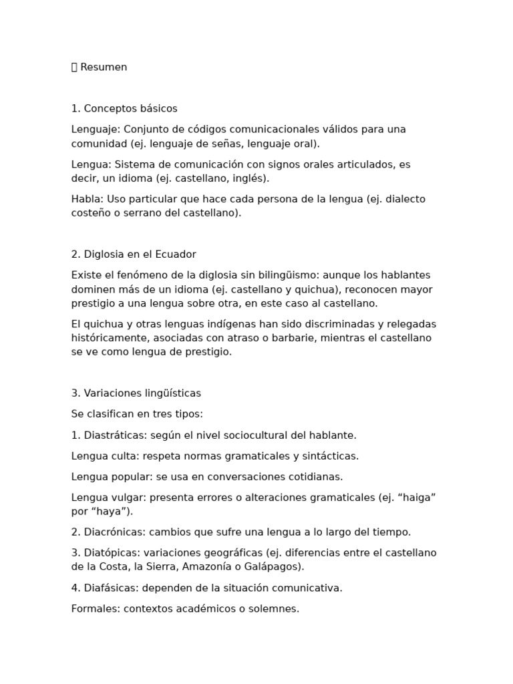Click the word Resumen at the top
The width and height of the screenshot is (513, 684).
(104, 67)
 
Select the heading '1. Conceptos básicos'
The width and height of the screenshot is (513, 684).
(124, 109)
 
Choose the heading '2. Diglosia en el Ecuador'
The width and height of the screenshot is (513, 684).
(134, 254)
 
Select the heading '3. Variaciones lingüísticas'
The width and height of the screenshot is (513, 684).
(136, 393)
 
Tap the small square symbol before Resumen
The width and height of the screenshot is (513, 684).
(74, 67)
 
